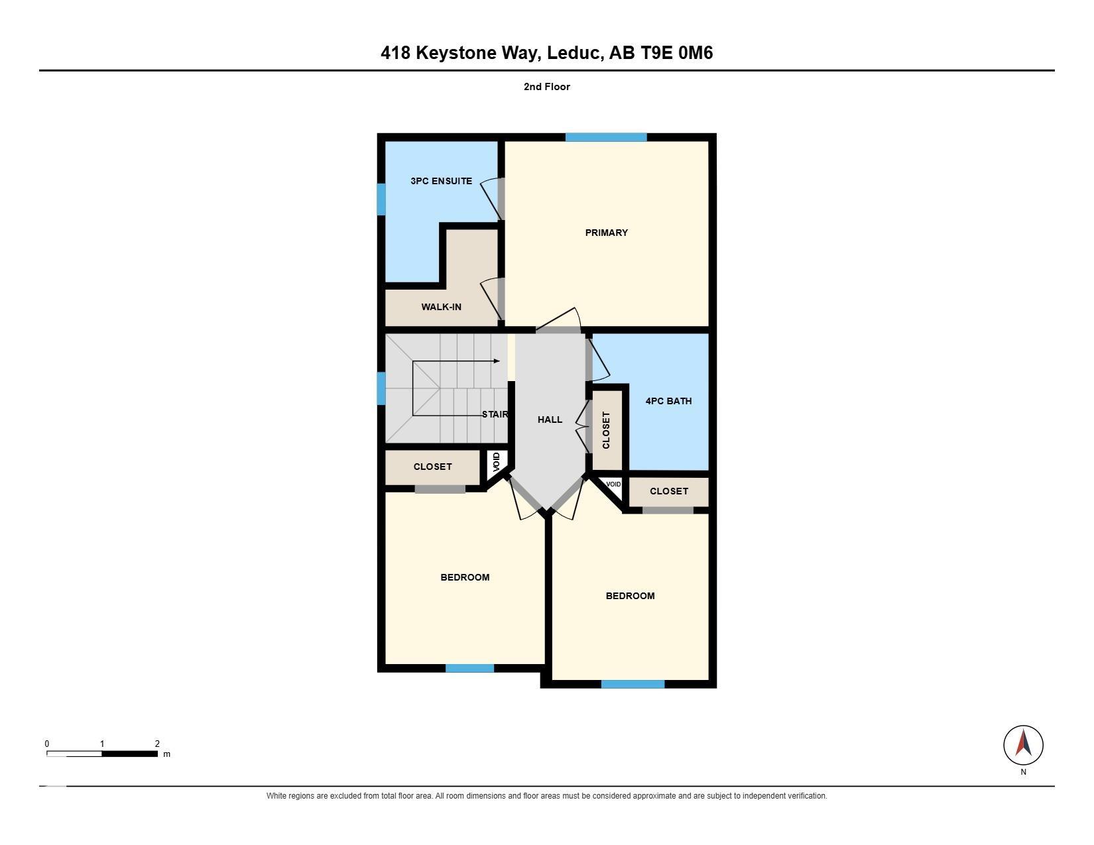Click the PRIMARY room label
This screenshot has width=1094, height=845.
pyautogui.click(x=606, y=233)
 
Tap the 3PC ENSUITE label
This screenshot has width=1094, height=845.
pyautogui.click(x=441, y=181)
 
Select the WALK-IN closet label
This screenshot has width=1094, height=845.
pyautogui.click(x=441, y=306)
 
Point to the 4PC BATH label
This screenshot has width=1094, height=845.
pyautogui.click(x=668, y=400)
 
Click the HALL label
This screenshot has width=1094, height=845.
pyautogui.click(x=550, y=420)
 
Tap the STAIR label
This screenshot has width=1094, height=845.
pyautogui.click(x=495, y=414)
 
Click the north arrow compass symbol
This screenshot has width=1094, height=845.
pyautogui.click(x=1023, y=744)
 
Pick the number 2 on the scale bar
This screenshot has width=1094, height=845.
pyautogui.click(x=157, y=744)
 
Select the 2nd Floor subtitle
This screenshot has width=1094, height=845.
pyautogui.click(x=547, y=87)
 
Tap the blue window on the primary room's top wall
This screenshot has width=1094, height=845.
pyautogui.click(x=605, y=137)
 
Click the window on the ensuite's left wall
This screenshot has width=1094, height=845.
pyautogui.click(x=381, y=199)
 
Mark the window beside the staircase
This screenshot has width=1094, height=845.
pyautogui.click(x=381, y=388)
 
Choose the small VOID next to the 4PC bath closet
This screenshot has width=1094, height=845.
pyautogui.click(x=613, y=484)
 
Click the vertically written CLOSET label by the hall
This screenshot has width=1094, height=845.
pyautogui.click(x=606, y=430)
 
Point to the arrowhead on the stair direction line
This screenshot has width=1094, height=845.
pyautogui.click(x=497, y=361)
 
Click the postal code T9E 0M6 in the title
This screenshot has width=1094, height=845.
pyautogui.click(x=676, y=53)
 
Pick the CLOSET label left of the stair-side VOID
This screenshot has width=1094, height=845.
pyautogui.click(x=432, y=467)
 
